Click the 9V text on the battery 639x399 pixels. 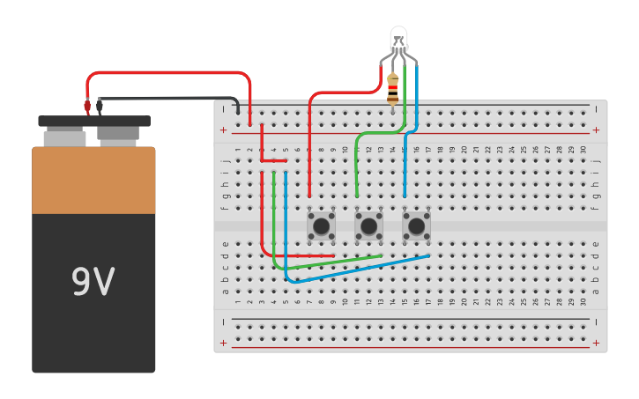coord(93,282)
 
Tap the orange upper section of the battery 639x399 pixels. coord(93,181)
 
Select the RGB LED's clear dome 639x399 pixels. coord(398,38)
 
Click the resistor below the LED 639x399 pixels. coord(392,89)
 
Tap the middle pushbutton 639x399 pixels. coord(368,226)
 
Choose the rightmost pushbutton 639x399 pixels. coord(416,226)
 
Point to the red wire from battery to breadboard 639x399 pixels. coord(167,73)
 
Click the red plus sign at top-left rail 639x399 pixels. coord(223,130)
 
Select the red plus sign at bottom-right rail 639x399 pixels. coord(596,343)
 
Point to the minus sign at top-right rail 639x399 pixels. coord(596,109)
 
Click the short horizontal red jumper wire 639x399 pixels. coord(274,161)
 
